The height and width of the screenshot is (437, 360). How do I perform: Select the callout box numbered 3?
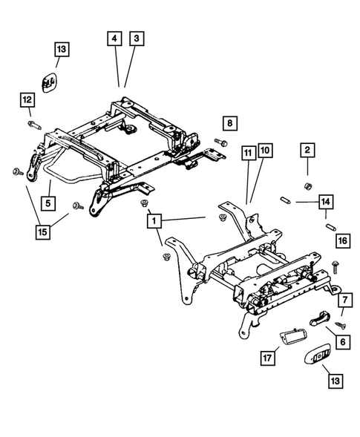136,38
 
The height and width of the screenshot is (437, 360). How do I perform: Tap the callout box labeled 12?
27,99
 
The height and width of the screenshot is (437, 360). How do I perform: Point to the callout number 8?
229,122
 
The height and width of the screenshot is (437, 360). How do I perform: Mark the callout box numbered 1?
153,220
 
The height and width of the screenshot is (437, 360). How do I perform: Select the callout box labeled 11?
246,154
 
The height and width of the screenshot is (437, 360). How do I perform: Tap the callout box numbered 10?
265,154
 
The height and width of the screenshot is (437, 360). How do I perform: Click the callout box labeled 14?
324,200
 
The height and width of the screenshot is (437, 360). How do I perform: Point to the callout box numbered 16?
341,240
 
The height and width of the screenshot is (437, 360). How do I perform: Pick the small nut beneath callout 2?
305,183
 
